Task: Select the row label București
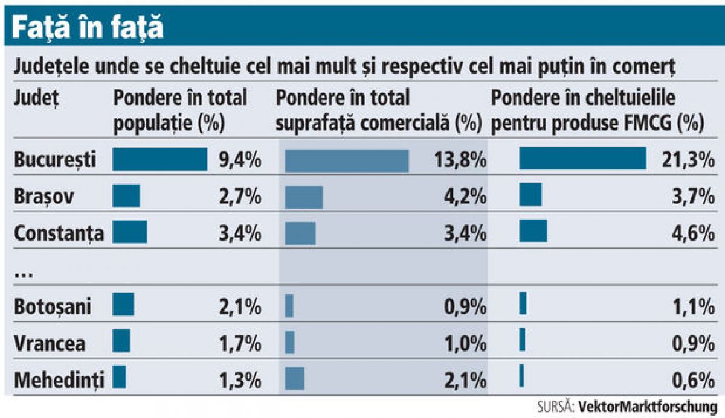[55, 160]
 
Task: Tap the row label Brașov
[45, 197]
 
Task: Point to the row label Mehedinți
[59, 379]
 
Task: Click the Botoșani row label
[53, 306]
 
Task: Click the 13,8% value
[460, 160]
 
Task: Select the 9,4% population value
[240, 160]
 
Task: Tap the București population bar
[160, 160]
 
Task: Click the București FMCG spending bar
[582, 159]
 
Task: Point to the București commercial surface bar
[347, 160]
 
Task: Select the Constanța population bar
[130, 232]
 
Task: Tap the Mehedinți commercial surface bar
[295, 379]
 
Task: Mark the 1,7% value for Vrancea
[240, 343]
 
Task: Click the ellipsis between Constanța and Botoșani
[23, 273]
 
